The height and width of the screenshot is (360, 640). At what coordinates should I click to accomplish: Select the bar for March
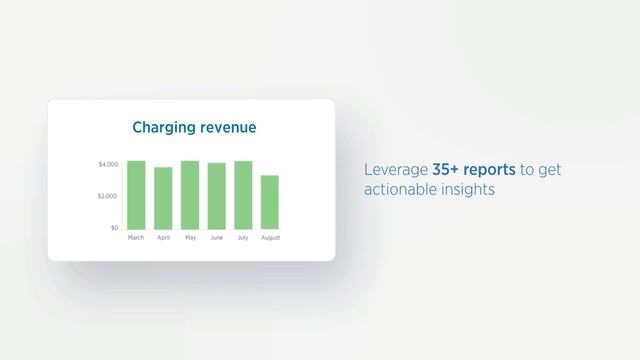pyautogui.click(x=136, y=195)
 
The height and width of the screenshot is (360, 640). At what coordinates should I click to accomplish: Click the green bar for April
pyautogui.click(x=163, y=198)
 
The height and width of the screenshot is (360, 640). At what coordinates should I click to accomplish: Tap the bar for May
pyautogui.click(x=190, y=195)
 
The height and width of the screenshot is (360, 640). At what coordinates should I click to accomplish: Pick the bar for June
pyautogui.click(x=216, y=196)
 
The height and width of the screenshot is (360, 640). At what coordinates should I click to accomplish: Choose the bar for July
pyautogui.click(x=243, y=195)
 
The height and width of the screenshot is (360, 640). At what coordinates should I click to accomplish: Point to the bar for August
pyautogui.click(x=270, y=202)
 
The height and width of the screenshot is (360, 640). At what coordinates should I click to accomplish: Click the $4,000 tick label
pyautogui.click(x=107, y=163)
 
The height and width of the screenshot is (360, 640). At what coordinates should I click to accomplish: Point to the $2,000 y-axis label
pyautogui.click(x=107, y=196)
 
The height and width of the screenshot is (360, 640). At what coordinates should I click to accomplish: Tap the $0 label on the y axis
pyautogui.click(x=113, y=228)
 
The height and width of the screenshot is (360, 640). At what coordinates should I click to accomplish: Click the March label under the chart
pyautogui.click(x=136, y=238)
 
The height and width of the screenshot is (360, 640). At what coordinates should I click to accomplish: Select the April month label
pyautogui.click(x=163, y=238)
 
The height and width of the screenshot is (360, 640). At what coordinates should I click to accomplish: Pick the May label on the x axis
pyautogui.click(x=190, y=238)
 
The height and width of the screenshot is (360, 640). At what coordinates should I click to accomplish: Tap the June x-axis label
pyautogui.click(x=216, y=238)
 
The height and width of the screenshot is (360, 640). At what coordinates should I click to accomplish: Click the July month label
pyautogui.click(x=243, y=238)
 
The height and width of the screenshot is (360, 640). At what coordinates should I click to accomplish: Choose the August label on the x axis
pyautogui.click(x=270, y=238)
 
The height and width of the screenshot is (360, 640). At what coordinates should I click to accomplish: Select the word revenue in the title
pyautogui.click(x=227, y=128)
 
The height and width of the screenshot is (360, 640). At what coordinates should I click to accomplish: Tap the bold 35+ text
pyautogui.click(x=446, y=170)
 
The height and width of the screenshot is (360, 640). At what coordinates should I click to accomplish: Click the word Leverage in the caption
pyautogui.click(x=396, y=171)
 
